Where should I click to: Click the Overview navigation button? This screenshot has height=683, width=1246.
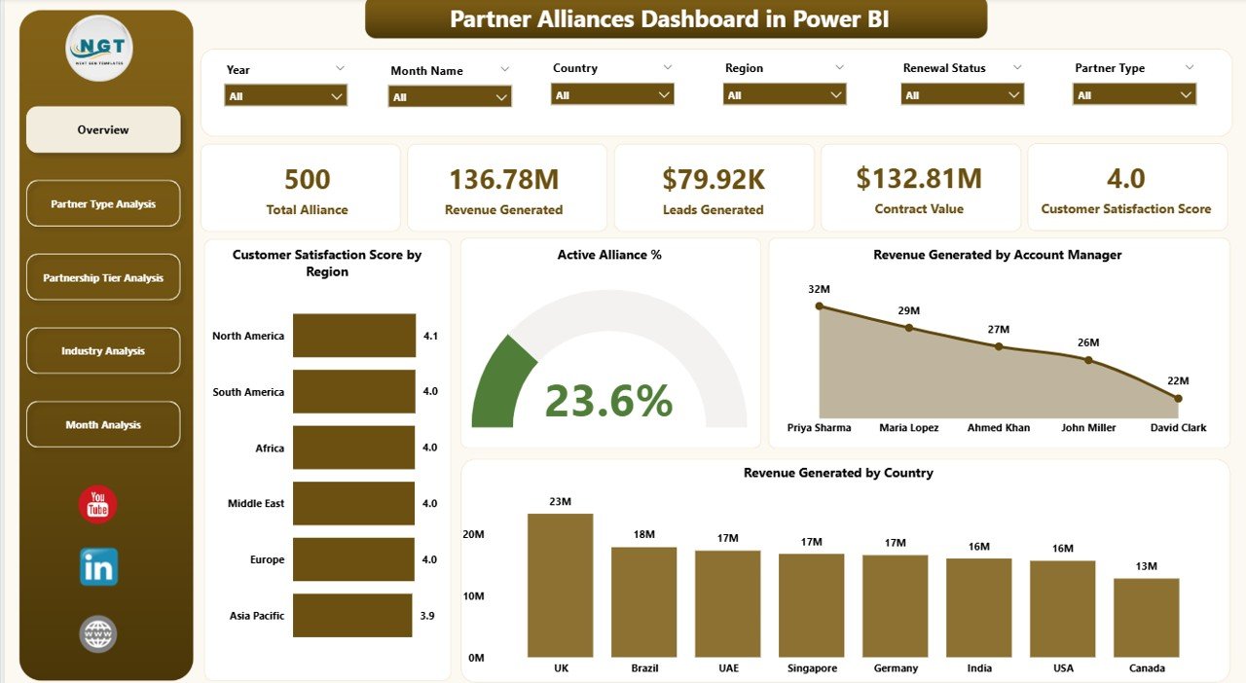103,129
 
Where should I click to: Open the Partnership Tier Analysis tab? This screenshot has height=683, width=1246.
103,277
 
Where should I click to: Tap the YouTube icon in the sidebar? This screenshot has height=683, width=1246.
98,504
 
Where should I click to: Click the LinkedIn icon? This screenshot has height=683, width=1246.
98,566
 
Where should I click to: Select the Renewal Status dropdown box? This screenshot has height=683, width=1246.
962,94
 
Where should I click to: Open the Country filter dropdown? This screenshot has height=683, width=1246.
612,94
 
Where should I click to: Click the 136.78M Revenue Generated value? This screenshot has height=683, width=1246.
503,179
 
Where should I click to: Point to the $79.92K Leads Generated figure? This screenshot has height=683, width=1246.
713,179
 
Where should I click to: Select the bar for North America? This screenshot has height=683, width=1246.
353,336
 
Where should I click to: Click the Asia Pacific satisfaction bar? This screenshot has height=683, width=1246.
351,616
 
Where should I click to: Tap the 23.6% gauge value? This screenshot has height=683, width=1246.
608,400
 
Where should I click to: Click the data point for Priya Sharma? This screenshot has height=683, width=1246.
819,306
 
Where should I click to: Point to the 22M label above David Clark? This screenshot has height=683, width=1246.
1178,380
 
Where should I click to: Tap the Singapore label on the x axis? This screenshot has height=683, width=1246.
812,668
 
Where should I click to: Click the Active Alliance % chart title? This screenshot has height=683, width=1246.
608,255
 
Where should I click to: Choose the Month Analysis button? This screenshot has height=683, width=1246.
103,424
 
